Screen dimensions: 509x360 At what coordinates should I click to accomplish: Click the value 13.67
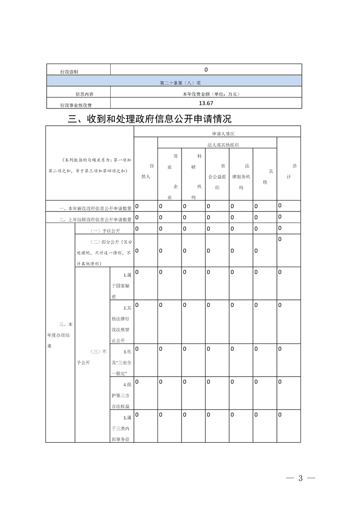(206, 103)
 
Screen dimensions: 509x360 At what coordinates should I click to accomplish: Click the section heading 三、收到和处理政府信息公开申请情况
(149, 119)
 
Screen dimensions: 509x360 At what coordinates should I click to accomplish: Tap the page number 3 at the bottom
(300, 479)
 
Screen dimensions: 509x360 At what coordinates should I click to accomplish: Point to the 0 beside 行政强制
(206, 70)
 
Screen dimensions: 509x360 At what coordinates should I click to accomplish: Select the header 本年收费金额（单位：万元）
(206, 94)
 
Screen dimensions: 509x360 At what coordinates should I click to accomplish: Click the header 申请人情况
(217, 134)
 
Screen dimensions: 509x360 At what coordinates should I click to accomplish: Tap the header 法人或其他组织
(217, 145)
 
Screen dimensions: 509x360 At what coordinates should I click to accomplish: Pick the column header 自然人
(146, 171)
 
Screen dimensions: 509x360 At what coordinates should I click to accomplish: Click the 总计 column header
(289, 171)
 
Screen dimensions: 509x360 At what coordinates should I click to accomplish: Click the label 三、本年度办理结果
(60, 335)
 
